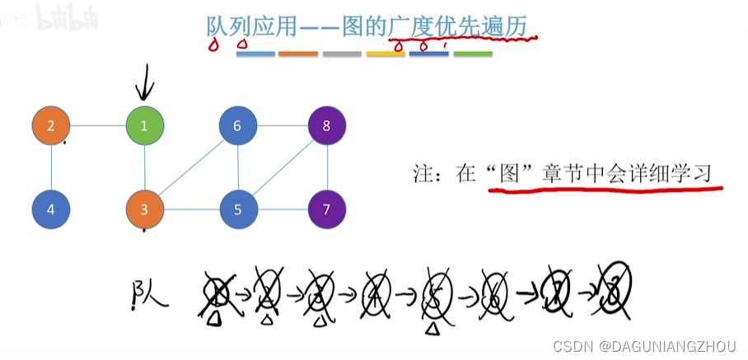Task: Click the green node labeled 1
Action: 145,126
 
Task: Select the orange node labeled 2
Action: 51,126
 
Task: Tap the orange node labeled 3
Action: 145,209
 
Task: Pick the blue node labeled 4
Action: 51,209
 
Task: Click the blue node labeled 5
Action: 238,209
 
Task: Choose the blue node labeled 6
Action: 238,126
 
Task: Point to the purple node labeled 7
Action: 327,209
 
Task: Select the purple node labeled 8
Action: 327,126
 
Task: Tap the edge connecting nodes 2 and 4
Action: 51,167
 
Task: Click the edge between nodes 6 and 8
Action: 283,126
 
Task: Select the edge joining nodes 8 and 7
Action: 327,167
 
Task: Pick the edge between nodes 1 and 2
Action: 98,126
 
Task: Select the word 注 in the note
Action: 423,174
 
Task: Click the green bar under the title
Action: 473,54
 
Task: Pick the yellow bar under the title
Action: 386,54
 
